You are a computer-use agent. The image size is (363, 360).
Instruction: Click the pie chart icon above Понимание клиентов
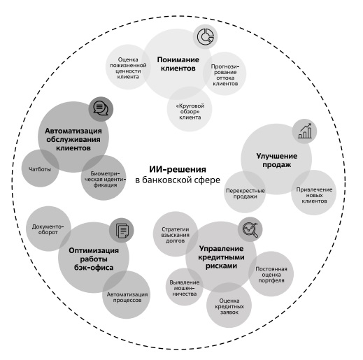pyautogui.click(x=205, y=36)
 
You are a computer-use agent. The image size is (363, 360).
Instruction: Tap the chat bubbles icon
pyautogui.click(x=101, y=108)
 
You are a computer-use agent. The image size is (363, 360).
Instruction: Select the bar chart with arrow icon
pyautogui.click(x=304, y=131)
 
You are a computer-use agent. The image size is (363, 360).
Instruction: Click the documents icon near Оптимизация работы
pyautogui.click(x=122, y=231)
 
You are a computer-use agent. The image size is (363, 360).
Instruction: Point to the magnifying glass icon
pyautogui.click(x=250, y=229)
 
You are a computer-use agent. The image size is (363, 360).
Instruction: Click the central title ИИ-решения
pyautogui.click(x=178, y=169)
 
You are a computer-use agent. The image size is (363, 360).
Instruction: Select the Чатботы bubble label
pyautogui.click(x=40, y=169)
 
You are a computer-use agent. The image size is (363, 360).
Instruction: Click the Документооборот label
pyautogui.click(x=48, y=229)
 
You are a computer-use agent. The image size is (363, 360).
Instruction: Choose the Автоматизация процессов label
pyautogui.click(x=127, y=297)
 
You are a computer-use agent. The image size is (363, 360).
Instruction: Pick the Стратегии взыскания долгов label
pyautogui.click(x=176, y=235)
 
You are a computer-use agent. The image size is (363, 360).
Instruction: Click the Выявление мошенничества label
pyautogui.click(x=185, y=288)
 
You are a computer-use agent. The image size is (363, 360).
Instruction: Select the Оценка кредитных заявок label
pyautogui.click(x=229, y=306)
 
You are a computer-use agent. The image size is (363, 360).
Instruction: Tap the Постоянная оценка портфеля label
pyautogui.click(x=271, y=275)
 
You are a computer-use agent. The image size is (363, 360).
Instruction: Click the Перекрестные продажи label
pyautogui.click(x=245, y=194)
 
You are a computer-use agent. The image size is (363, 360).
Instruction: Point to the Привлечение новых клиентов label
pyautogui.click(x=314, y=195)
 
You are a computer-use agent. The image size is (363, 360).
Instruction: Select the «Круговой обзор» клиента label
pyautogui.click(x=190, y=111)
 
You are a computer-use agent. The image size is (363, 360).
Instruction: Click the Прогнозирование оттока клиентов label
pyautogui.click(x=225, y=75)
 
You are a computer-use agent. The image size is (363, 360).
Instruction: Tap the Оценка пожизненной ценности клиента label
pyautogui.click(x=128, y=68)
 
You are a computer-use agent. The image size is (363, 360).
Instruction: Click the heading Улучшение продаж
pyautogui.click(x=277, y=160)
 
